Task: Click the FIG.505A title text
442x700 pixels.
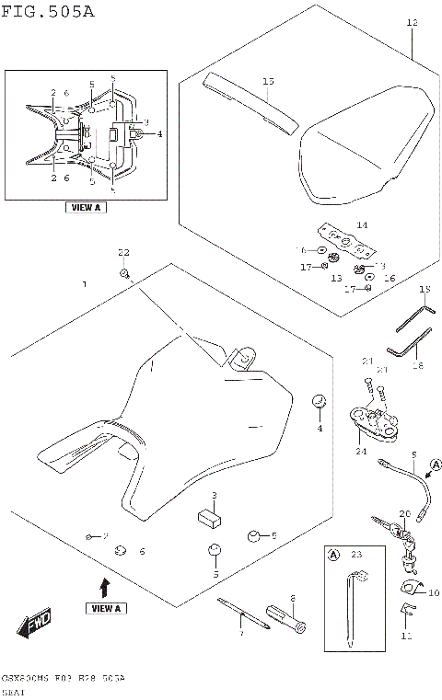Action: point(48,12)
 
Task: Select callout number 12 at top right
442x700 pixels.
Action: point(412,22)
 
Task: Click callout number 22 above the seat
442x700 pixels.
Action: point(123,251)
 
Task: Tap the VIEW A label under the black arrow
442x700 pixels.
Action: point(106,608)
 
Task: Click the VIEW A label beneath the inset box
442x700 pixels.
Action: point(85,208)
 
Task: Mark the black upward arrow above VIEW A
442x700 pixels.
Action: point(106,586)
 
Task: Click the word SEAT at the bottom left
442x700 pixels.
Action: point(16,689)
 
